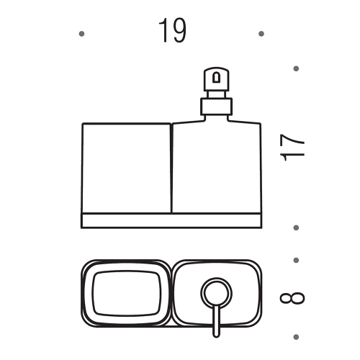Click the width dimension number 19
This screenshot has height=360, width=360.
point(172,31)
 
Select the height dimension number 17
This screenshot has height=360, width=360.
point(292,148)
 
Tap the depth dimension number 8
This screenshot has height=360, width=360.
point(292,298)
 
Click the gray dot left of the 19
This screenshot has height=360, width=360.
point(81,34)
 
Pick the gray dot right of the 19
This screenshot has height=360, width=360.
point(261,34)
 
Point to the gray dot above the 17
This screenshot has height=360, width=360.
point(296,68)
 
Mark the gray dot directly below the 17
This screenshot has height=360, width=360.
point(296,228)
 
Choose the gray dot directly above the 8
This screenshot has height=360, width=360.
point(296,260)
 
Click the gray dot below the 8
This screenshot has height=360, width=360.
point(296,337)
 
